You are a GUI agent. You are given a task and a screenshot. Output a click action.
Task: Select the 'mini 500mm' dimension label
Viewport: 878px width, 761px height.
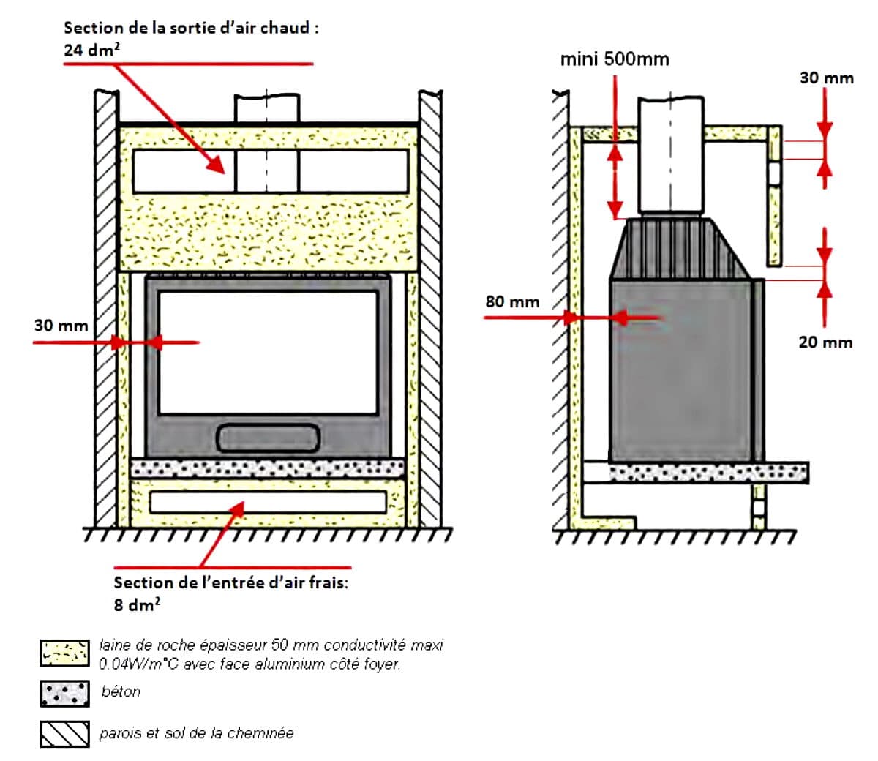(x=615, y=59)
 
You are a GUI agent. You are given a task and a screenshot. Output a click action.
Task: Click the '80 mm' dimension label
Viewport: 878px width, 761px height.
(x=512, y=301)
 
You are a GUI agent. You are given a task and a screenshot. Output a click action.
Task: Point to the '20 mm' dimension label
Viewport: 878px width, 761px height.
(x=825, y=342)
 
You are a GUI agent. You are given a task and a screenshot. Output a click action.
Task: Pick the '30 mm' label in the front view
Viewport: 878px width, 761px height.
(x=61, y=326)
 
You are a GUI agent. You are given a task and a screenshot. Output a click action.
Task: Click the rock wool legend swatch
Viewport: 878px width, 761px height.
(x=65, y=653)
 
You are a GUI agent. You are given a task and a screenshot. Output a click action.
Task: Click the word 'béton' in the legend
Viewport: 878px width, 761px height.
(x=121, y=691)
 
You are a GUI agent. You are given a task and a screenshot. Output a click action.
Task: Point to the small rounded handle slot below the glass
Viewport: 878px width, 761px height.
(x=269, y=437)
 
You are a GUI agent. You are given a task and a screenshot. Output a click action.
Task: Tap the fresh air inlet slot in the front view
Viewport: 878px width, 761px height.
(x=268, y=502)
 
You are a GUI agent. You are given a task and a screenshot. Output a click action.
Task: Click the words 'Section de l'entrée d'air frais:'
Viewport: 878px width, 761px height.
(x=230, y=583)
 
